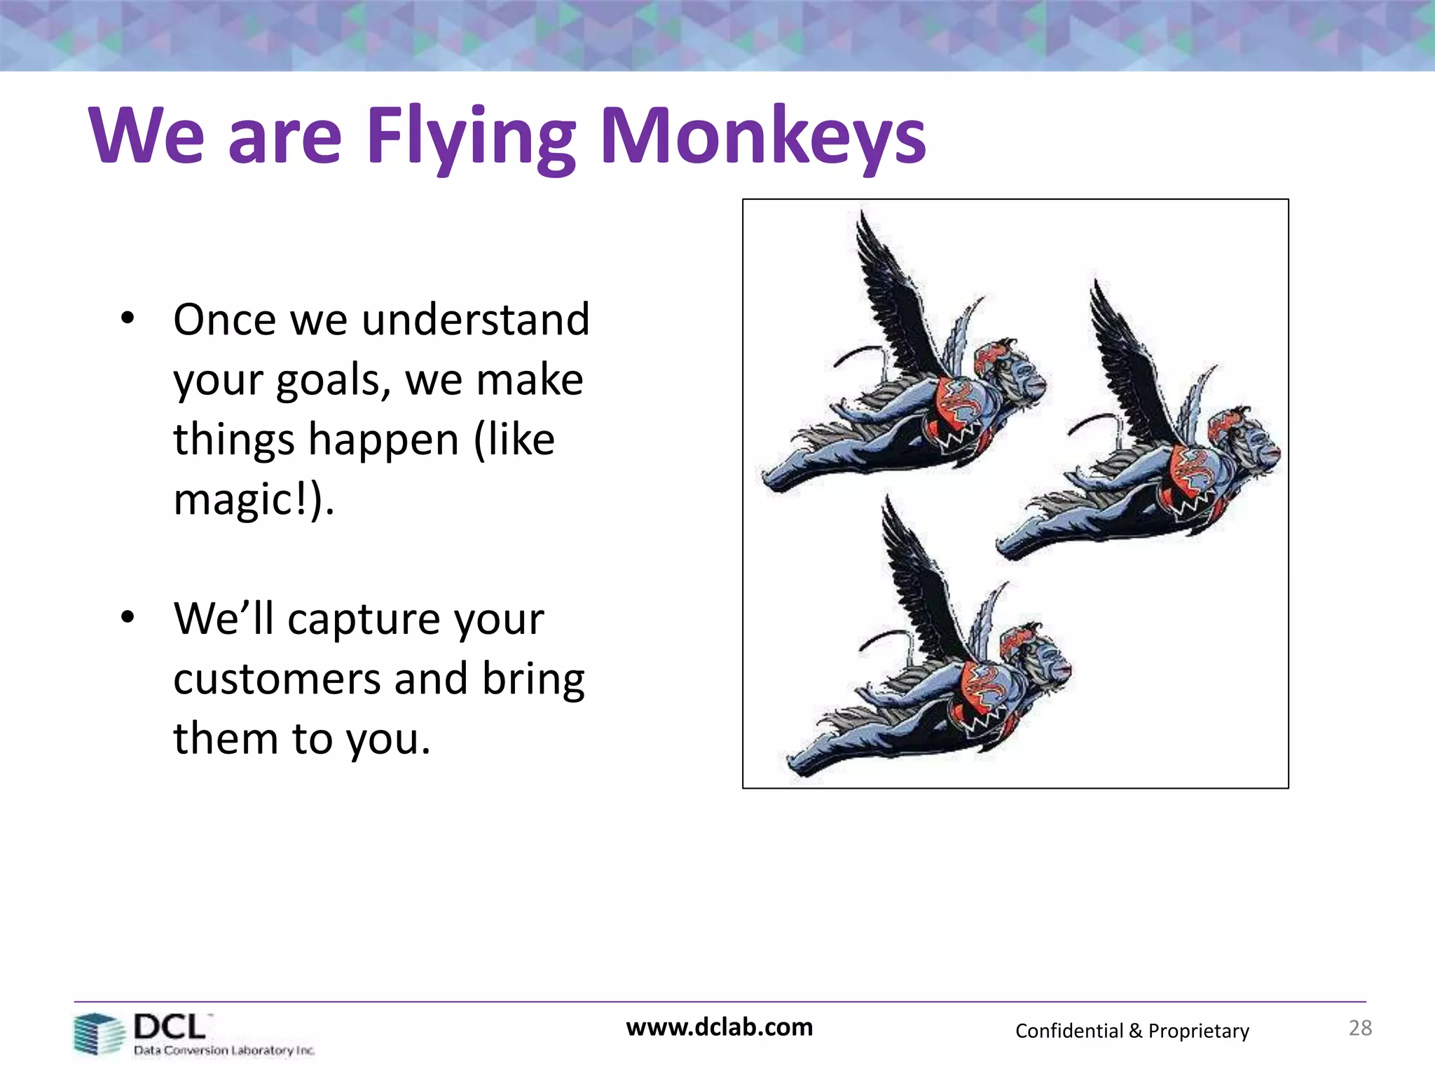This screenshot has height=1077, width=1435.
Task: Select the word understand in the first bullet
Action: (x=476, y=320)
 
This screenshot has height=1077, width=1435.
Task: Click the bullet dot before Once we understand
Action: (x=127, y=318)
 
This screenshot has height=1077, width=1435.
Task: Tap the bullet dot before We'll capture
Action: (x=127, y=618)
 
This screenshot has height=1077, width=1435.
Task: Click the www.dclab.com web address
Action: (x=719, y=1027)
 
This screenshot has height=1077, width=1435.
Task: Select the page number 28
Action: (x=1360, y=1028)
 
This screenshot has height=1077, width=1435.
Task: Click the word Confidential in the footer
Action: (x=1069, y=1031)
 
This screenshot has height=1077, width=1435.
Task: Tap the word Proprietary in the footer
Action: (x=1198, y=1031)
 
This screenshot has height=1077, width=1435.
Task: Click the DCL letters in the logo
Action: (x=170, y=1027)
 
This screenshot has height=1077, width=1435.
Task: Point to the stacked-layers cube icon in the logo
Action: (x=99, y=1034)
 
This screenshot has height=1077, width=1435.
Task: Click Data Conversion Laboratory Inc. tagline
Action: (x=224, y=1050)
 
